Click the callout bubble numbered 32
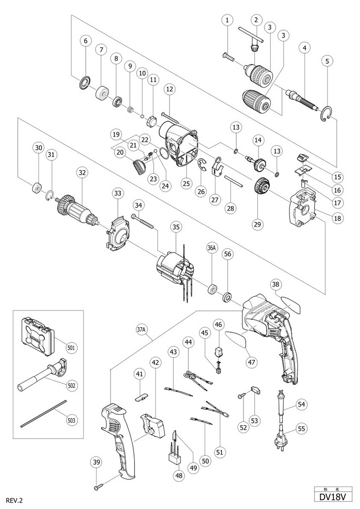pos(82,172)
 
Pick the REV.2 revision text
pos(11,501)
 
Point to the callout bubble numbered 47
pos(252,362)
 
